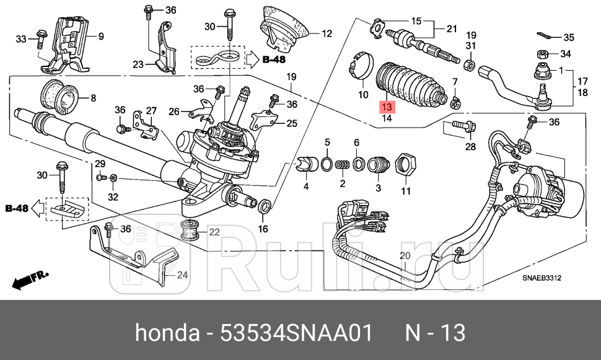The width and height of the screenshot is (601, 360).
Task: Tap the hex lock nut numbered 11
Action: pyautogui.click(x=406, y=166)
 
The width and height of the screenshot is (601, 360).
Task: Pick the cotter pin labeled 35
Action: pyautogui.click(x=543, y=36)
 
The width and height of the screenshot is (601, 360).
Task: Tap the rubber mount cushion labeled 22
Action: pyautogui.click(x=191, y=230)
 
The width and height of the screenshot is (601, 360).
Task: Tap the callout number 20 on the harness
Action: pyautogui.click(x=405, y=256)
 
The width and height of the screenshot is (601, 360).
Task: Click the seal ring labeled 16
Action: pyautogui.click(x=263, y=205)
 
